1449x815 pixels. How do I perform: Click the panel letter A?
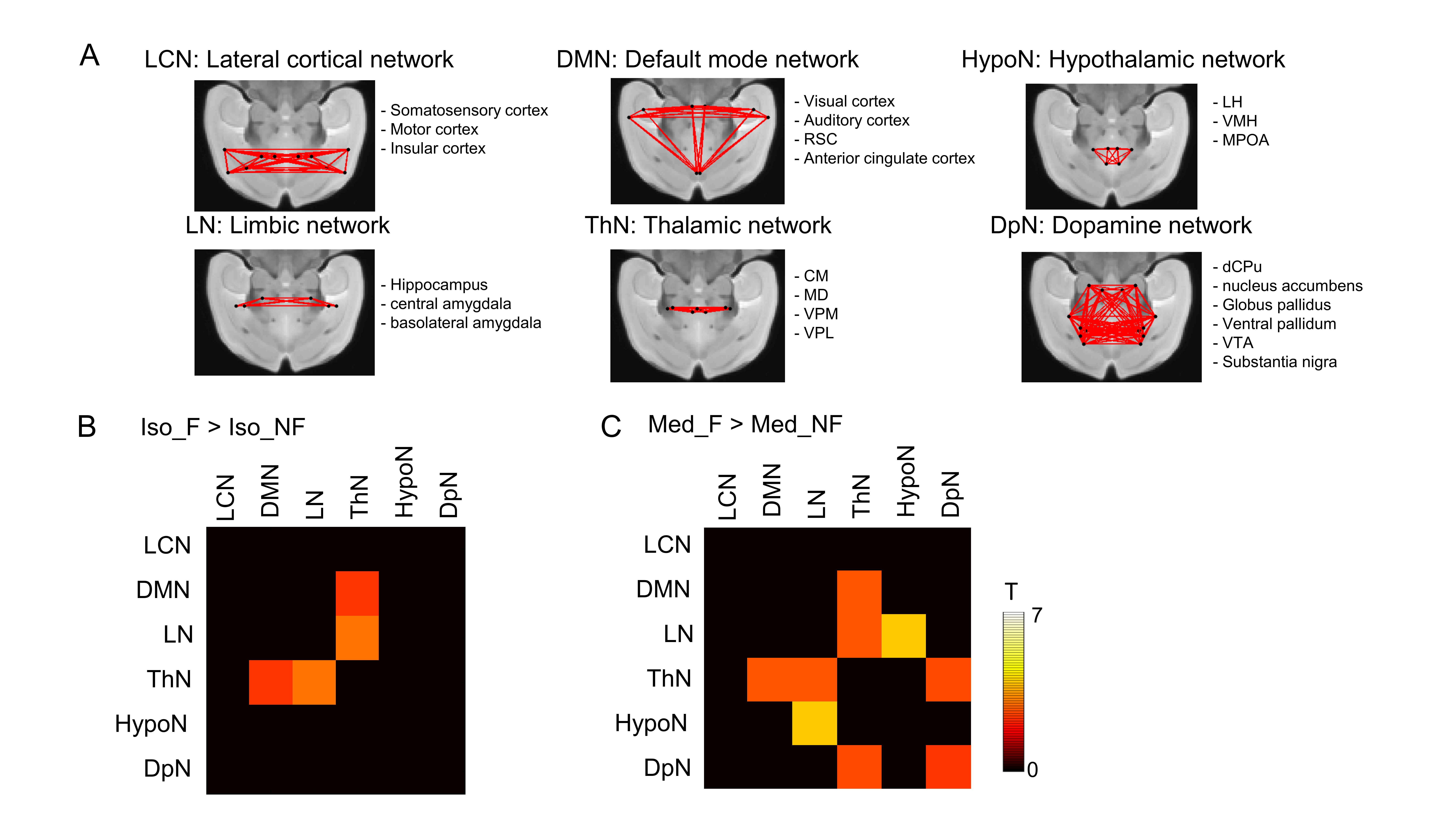pyautogui.click(x=90, y=56)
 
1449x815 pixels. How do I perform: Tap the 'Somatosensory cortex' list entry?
pyautogui.click(x=469, y=110)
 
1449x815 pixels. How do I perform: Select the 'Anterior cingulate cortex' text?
pyautogui.click(x=889, y=159)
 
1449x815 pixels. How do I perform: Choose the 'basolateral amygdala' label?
pyautogui.click(x=465, y=323)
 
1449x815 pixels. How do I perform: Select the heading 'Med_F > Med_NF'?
pyautogui.click(x=745, y=425)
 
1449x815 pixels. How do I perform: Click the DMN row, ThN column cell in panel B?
pyautogui.click(x=357, y=593)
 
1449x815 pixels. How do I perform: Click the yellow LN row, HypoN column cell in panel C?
pyautogui.click(x=903, y=636)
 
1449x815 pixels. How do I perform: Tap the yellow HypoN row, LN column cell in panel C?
pyautogui.click(x=815, y=723)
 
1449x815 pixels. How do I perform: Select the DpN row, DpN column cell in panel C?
pyautogui.click(x=948, y=767)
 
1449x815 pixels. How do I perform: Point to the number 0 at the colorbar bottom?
pyautogui.click(x=1032, y=769)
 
